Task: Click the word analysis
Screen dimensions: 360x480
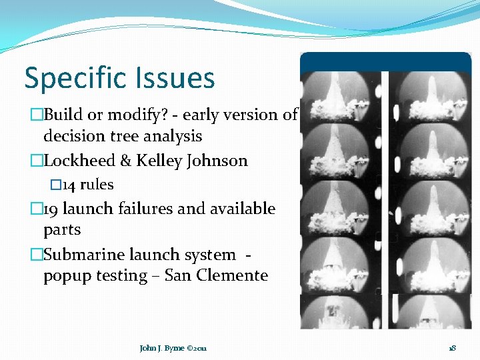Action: pos(169,136)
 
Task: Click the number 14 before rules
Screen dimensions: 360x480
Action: pos(68,185)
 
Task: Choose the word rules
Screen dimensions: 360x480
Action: pos(97,185)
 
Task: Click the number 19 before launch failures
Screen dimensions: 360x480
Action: pos(51,209)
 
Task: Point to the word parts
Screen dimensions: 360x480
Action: pos(62,230)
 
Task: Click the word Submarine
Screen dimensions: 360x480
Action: pos(80,255)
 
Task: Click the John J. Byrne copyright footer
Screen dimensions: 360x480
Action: pos(173,348)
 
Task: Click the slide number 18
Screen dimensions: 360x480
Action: pos(451,348)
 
